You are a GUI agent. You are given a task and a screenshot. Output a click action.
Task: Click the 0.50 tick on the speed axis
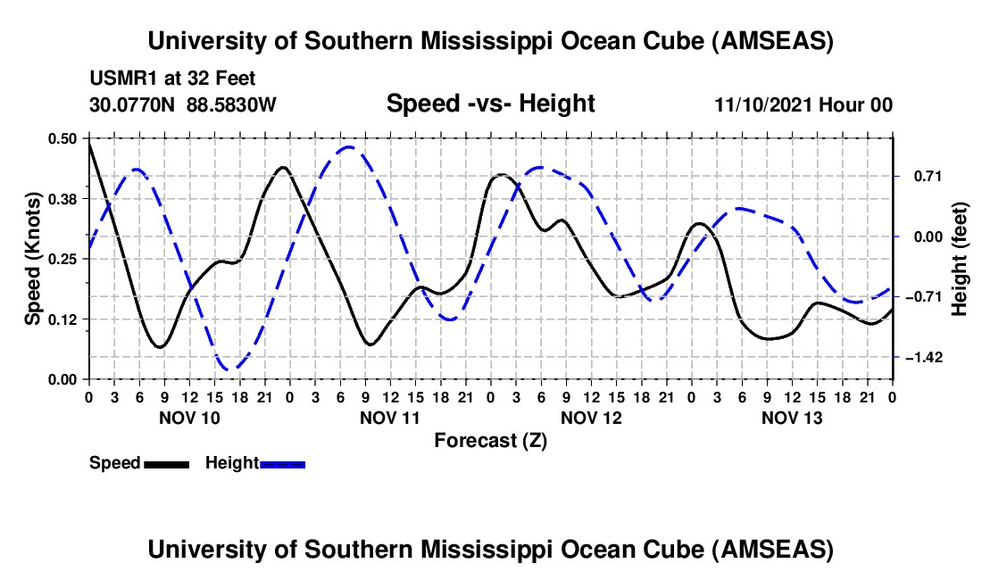pos(65,138)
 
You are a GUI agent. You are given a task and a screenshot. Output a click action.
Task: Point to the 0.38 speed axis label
pos(65,197)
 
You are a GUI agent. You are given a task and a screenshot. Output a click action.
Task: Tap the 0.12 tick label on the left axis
pos(65,319)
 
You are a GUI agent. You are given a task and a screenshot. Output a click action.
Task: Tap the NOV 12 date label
pos(590,418)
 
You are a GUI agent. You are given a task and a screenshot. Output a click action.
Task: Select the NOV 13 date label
pos(791,418)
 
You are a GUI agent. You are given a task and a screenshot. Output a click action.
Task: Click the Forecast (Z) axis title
pos(490,440)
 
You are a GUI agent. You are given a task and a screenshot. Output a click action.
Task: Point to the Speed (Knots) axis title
pos(32,259)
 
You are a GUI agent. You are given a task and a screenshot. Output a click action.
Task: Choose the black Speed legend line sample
pos(166,463)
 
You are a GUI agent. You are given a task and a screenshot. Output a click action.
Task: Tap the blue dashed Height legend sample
pos(283,463)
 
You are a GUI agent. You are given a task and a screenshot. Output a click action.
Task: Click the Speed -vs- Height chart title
pos(490,104)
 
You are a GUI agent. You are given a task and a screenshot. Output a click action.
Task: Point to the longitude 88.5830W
pos(232,104)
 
